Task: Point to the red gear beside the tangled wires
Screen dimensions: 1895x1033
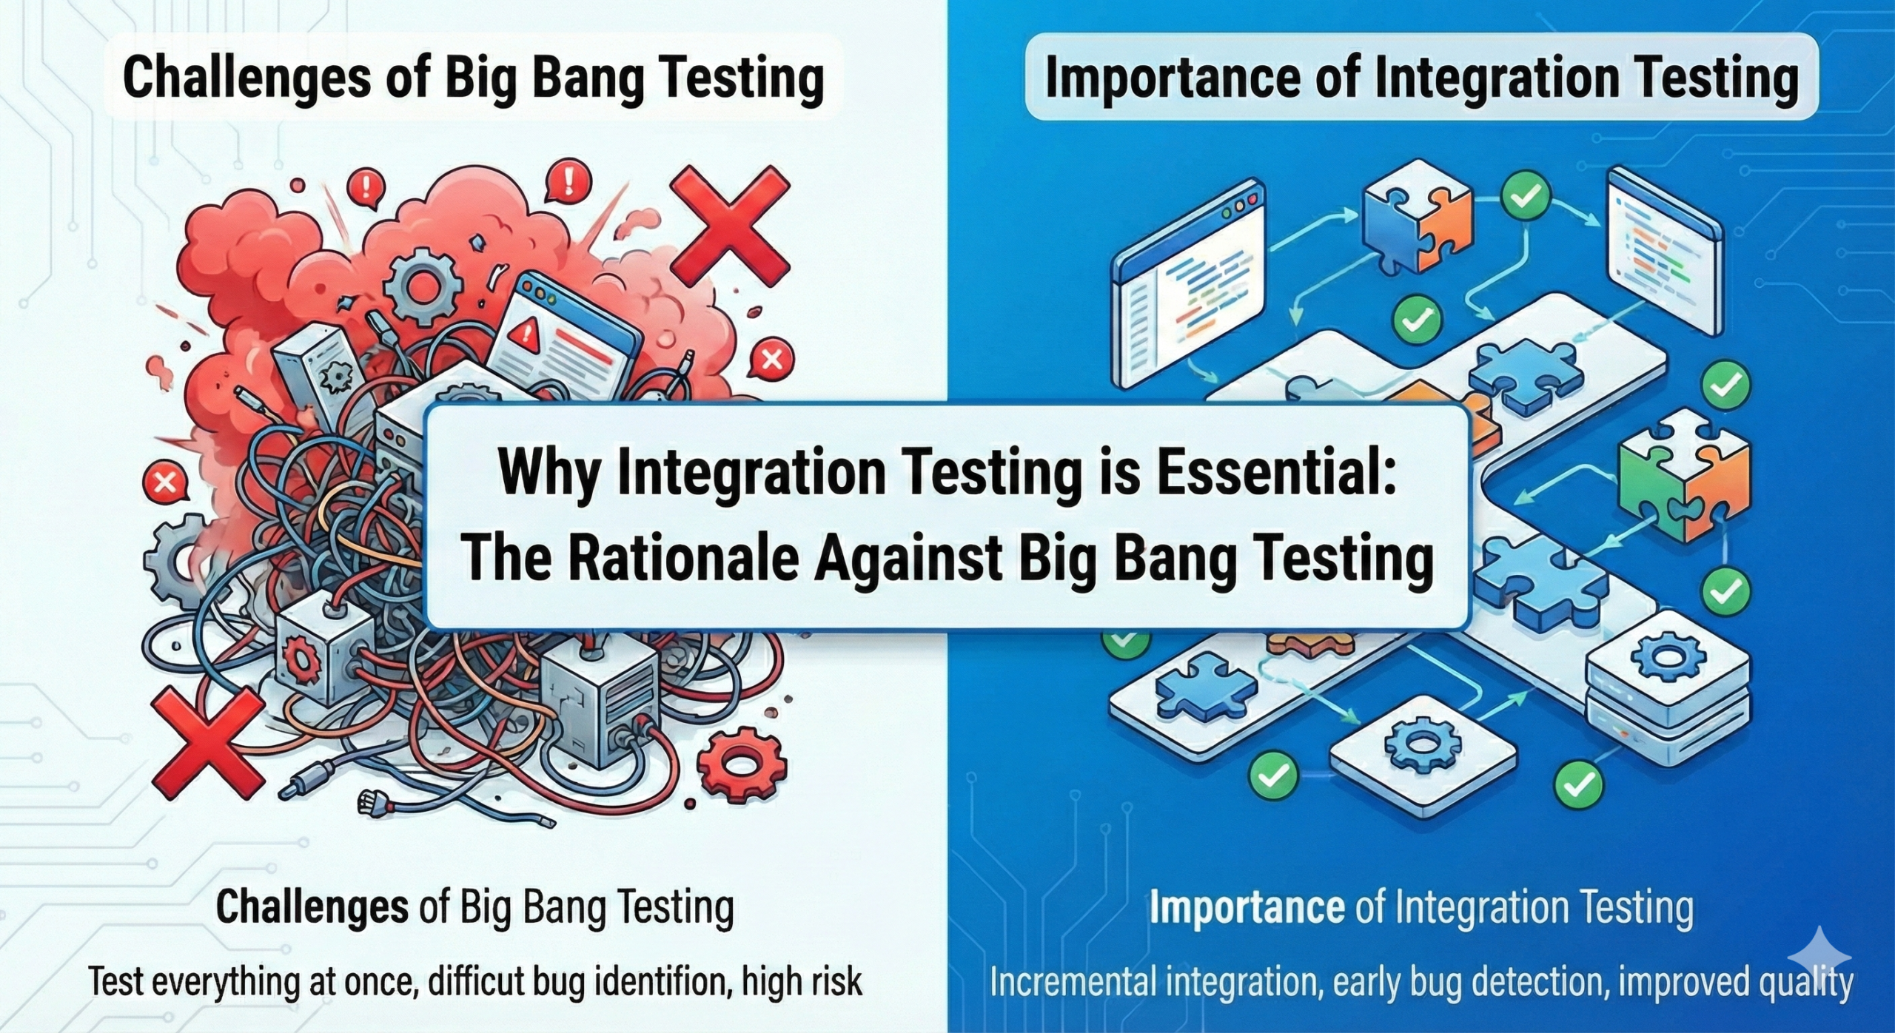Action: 741,759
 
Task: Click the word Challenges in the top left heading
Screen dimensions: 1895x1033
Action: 246,78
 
